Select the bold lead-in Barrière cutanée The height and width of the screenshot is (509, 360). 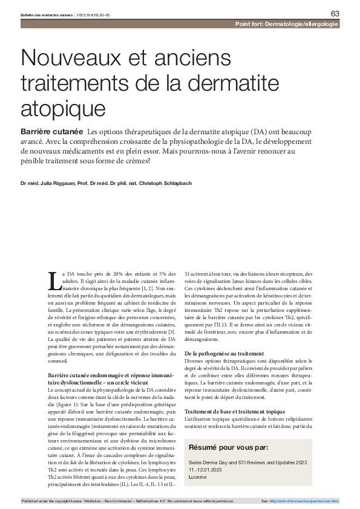pos(52,131)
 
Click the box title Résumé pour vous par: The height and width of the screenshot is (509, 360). pos(229,448)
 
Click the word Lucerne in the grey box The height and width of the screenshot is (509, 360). pos(198,477)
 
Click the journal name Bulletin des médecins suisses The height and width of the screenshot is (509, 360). pos(46,13)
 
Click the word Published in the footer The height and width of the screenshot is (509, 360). pos(30,501)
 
